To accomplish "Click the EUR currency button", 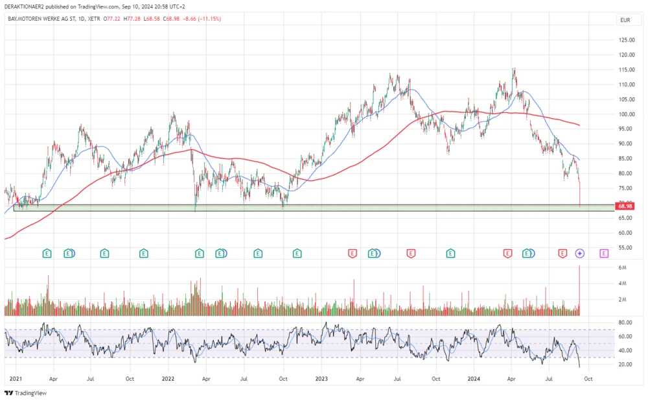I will click(625, 20).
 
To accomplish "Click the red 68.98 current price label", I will click(625, 206).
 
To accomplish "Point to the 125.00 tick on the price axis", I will click(626, 40).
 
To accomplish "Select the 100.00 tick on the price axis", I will click(626, 114).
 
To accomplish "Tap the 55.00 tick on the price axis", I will click(625, 248).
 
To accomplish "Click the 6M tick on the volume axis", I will click(622, 267).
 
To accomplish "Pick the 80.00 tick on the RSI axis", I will click(625, 322).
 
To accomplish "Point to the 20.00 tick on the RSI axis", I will click(625, 365).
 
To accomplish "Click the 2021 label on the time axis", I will click(16, 378).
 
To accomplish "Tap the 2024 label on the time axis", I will click(474, 378).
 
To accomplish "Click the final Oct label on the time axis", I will click(587, 378).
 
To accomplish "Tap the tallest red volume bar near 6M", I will click(579, 289).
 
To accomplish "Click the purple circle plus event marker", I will click(580, 253).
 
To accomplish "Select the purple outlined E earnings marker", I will click(604, 253).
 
